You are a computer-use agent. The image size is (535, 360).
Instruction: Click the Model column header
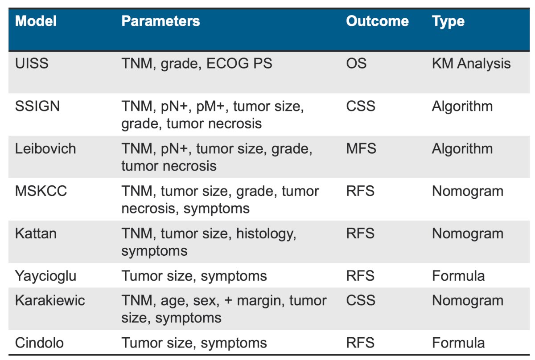click(x=36, y=21)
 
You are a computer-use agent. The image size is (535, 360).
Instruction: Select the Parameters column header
click(x=161, y=21)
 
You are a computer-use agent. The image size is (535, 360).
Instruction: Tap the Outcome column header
click(x=377, y=21)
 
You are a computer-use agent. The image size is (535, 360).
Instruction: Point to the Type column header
click(x=449, y=22)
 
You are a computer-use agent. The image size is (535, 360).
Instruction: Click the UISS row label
click(x=32, y=64)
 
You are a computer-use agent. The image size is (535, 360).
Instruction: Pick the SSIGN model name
click(x=37, y=106)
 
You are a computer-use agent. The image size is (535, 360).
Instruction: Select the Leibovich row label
click(x=45, y=148)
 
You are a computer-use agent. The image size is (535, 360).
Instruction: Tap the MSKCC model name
click(x=41, y=191)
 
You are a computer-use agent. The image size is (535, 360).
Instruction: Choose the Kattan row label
click(x=36, y=233)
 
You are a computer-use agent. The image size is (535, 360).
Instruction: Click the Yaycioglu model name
click(x=45, y=276)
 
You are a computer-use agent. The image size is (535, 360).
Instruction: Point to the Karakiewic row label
click(x=50, y=300)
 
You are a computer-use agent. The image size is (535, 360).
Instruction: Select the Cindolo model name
click(x=39, y=343)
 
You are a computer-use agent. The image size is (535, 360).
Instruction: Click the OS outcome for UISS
click(x=356, y=64)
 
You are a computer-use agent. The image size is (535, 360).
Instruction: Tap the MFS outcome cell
click(x=361, y=148)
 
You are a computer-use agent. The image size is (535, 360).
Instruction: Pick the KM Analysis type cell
click(x=471, y=64)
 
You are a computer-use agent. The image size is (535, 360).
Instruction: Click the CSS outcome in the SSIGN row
click(x=361, y=106)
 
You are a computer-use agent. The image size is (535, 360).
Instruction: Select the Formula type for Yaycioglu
click(x=458, y=276)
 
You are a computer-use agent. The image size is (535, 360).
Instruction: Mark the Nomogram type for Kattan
click(x=468, y=234)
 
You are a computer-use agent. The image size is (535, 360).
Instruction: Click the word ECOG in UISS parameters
click(x=226, y=64)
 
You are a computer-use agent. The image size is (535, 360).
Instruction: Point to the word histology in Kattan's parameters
click(x=266, y=234)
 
